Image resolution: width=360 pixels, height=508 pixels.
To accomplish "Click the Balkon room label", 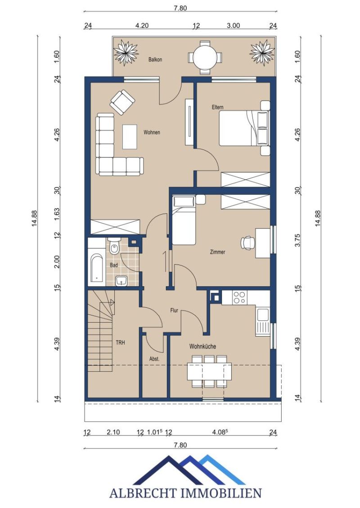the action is tap(155, 59).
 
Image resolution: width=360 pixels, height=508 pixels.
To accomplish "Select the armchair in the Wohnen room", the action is tap(122, 102).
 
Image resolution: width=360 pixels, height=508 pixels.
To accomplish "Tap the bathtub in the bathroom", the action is tap(97, 268).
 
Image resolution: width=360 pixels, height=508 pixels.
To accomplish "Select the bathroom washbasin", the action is tap(122, 281).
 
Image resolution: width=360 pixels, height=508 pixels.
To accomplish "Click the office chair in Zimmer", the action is tap(247, 243).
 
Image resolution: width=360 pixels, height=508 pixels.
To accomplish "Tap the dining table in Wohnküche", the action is tap(209, 372).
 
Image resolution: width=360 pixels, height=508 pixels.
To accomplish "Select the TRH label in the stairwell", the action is tap(120, 342).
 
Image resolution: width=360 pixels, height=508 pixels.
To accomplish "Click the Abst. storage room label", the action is tap(154, 359).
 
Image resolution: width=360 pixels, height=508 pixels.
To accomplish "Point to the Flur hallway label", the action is tap(174, 310).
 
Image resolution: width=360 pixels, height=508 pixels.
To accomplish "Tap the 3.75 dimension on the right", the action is tap(298, 240).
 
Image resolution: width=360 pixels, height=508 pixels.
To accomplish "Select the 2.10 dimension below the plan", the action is tap(113, 432).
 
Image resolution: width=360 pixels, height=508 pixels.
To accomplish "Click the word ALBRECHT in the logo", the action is tap(144, 493).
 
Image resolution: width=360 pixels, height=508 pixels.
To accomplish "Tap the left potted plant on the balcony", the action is tap(126, 52).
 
